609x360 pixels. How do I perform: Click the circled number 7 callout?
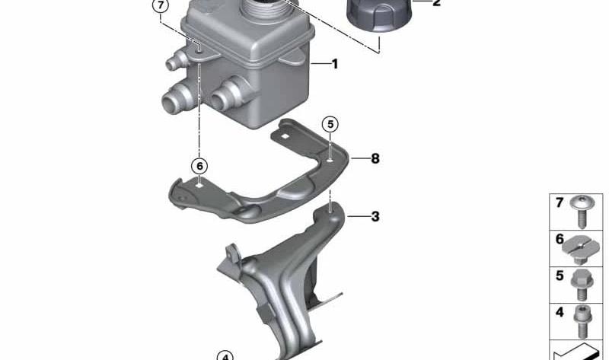point(161,6)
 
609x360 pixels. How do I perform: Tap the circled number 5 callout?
point(330,124)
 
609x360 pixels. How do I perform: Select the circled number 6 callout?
point(199,166)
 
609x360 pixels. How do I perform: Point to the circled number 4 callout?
point(225,356)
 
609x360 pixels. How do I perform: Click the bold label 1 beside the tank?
point(335,64)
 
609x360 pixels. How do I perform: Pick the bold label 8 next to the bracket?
point(375,158)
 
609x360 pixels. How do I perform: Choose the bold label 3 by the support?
point(375,216)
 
